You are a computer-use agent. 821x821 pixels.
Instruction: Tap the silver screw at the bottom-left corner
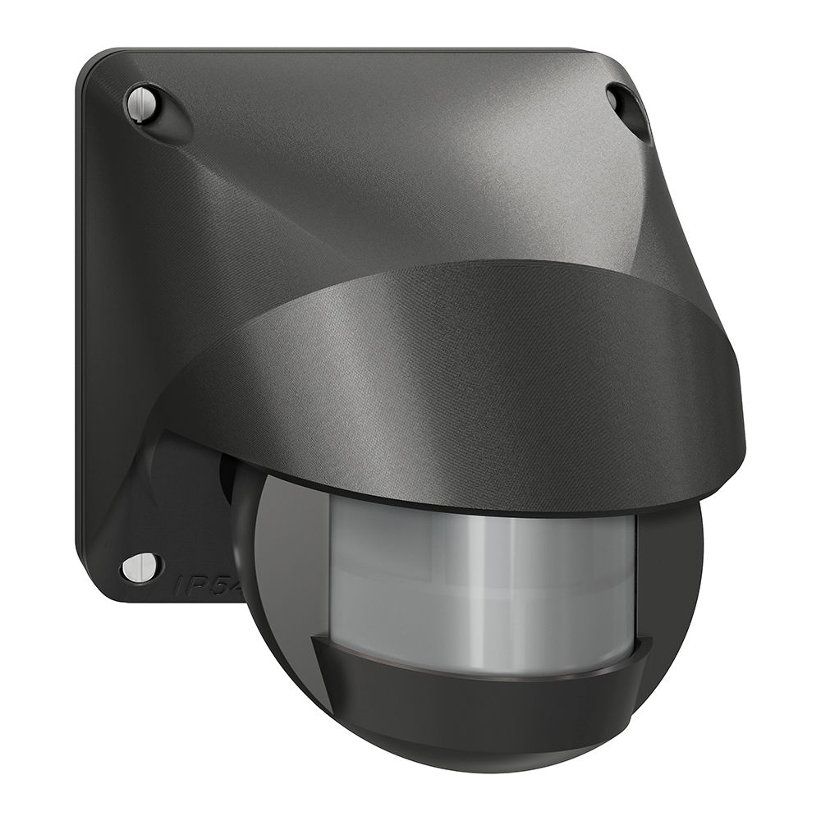coord(140,566)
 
